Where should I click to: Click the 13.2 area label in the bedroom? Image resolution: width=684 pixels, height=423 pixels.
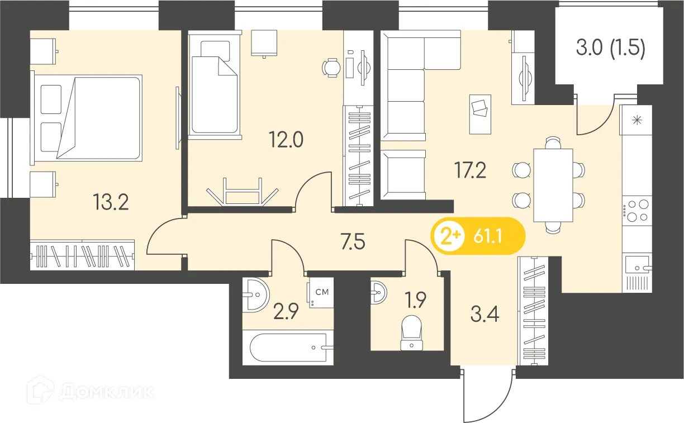[x=111, y=202]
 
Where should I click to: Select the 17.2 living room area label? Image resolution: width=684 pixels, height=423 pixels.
[x=469, y=169]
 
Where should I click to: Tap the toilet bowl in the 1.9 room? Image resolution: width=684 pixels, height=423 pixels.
[x=412, y=332]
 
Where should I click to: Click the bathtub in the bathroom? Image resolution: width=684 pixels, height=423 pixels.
[x=288, y=348]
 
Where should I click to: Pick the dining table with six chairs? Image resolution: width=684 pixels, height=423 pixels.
[x=553, y=185]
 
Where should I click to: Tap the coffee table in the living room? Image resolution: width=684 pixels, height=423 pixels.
[x=480, y=113]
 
